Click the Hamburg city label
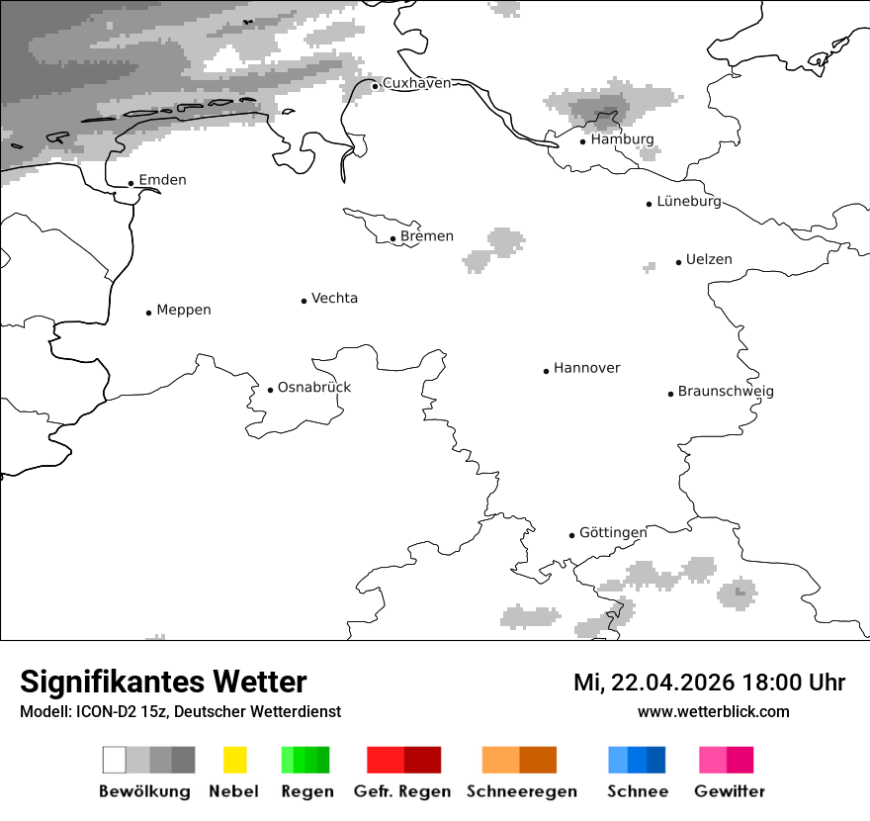(622, 139)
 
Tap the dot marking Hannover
(546, 371)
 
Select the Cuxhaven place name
(416, 83)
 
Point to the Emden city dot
(130, 183)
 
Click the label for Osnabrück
(314, 387)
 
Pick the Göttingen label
(613, 532)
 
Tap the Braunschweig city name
(726, 392)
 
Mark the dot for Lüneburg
(650, 204)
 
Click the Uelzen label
(709, 260)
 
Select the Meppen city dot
(148, 313)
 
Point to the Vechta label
(334, 298)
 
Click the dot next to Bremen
(392, 238)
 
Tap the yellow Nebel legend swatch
(234, 760)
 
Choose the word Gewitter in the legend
(730, 791)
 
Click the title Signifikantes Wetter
(163, 683)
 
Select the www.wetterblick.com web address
(713, 711)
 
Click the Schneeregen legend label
(522, 791)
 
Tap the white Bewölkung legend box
(114, 760)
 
